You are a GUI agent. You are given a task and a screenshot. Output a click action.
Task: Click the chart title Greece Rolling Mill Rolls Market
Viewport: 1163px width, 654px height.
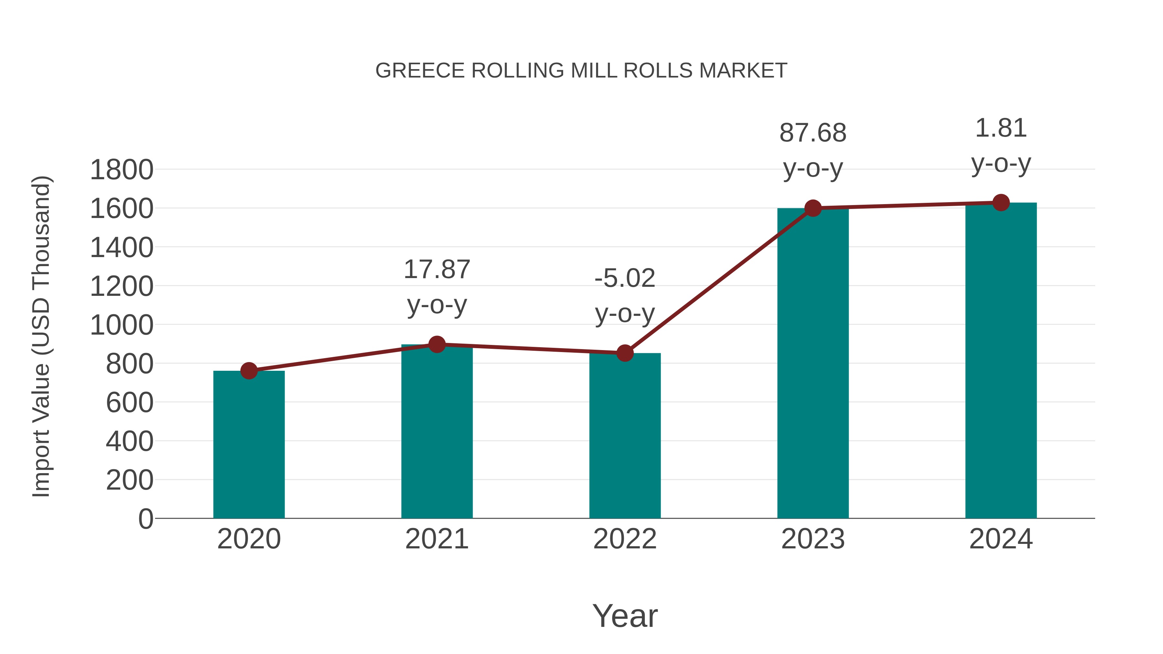click(x=581, y=71)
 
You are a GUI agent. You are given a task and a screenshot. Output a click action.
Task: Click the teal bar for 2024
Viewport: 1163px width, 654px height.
click(x=1001, y=361)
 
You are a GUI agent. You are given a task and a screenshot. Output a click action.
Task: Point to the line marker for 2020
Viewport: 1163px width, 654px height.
click(x=249, y=371)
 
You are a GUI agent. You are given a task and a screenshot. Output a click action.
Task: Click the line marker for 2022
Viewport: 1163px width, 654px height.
click(x=625, y=353)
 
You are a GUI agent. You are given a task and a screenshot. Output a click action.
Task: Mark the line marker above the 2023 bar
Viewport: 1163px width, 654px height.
click(x=813, y=208)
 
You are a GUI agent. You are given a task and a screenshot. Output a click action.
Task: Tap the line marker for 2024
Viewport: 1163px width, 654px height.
click(x=1001, y=202)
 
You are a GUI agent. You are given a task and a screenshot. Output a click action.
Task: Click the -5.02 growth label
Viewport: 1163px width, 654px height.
click(x=625, y=278)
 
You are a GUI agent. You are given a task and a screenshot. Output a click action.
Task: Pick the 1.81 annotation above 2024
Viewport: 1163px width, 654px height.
click(x=1001, y=128)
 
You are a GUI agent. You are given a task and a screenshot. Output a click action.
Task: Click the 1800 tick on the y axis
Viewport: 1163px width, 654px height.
click(x=121, y=170)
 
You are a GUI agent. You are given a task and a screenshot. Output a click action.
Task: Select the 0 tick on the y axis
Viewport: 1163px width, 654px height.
click(x=145, y=519)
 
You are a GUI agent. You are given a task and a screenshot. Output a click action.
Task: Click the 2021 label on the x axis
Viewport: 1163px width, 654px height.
click(x=436, y=539)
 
